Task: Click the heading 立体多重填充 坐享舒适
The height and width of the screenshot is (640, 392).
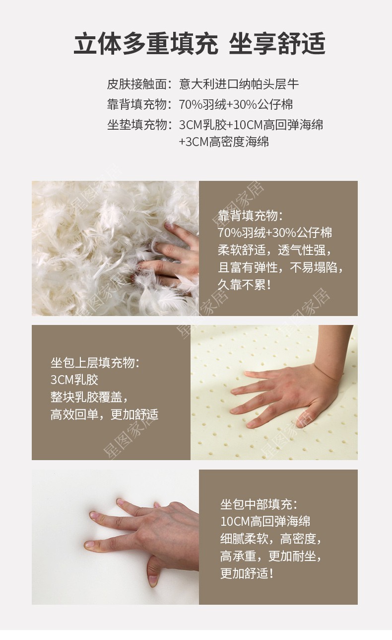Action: point(199,44)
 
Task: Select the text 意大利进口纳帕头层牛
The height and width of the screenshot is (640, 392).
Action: point(239,84)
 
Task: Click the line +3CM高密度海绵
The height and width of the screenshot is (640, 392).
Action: point(224,142)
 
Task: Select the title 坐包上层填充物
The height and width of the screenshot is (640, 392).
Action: point(95,363)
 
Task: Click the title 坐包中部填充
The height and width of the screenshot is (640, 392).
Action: point(259,504)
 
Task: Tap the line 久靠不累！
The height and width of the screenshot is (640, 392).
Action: point(245,285)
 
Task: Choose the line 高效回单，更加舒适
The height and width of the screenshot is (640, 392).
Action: point(104,414)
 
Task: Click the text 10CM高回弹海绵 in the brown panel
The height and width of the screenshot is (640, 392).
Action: point(265,521)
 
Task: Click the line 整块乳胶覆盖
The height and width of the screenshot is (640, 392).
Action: point(89,397)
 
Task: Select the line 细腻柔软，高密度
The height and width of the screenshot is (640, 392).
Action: point(271,538)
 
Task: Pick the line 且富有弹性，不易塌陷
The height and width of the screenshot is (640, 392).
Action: point(280,267)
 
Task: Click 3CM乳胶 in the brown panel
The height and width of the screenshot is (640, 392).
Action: point(74,380)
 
